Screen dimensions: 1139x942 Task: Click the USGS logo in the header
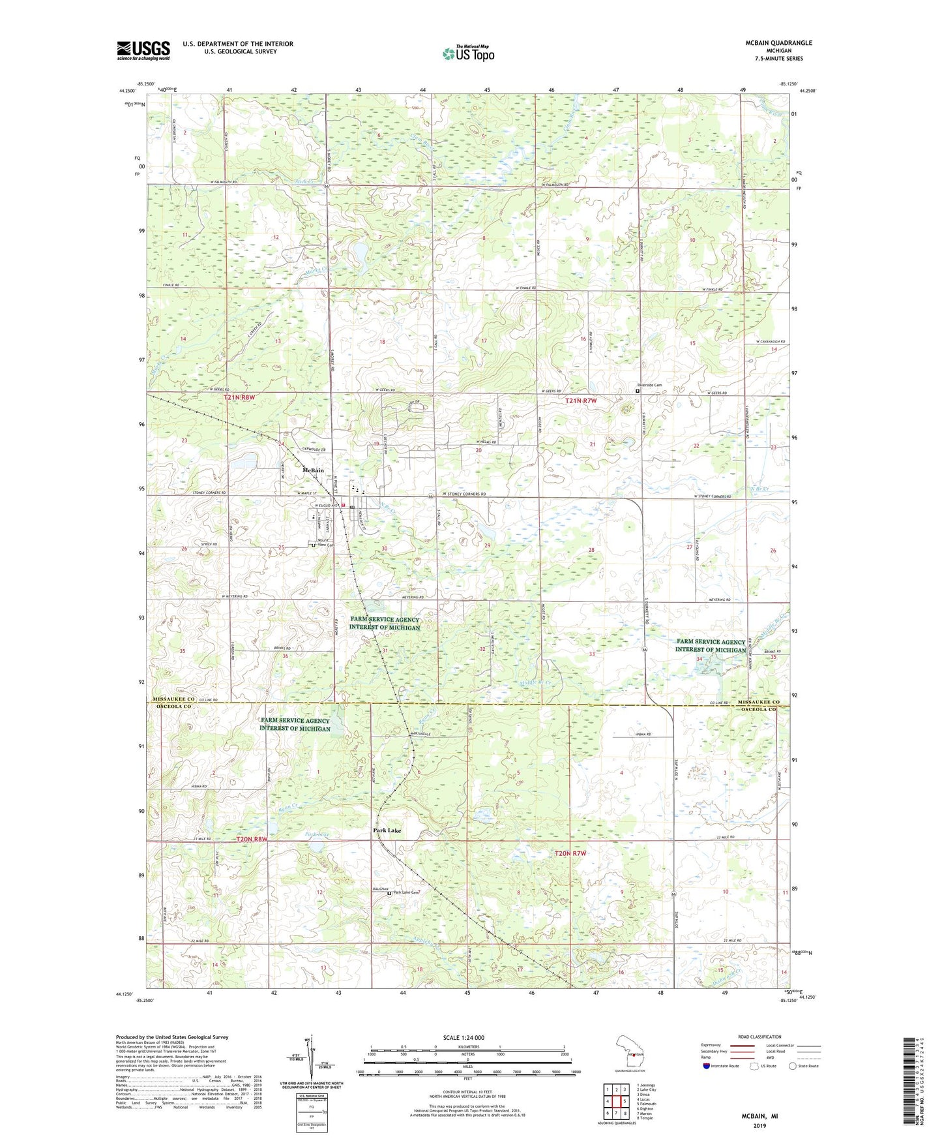click(x=143, y=50)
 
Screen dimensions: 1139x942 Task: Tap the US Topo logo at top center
click(x=468, y=53)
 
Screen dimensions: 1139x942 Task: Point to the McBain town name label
click(x=313, y=470)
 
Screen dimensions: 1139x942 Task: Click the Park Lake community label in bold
click(x=387, y=830)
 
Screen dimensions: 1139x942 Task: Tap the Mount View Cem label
click(x=325, y=543)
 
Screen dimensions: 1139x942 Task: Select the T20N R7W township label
click(x=570, y=853)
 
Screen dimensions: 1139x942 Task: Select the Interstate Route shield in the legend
click(x=707, y=1066)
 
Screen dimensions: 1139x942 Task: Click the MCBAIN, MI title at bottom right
click(x=759, y=1116)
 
